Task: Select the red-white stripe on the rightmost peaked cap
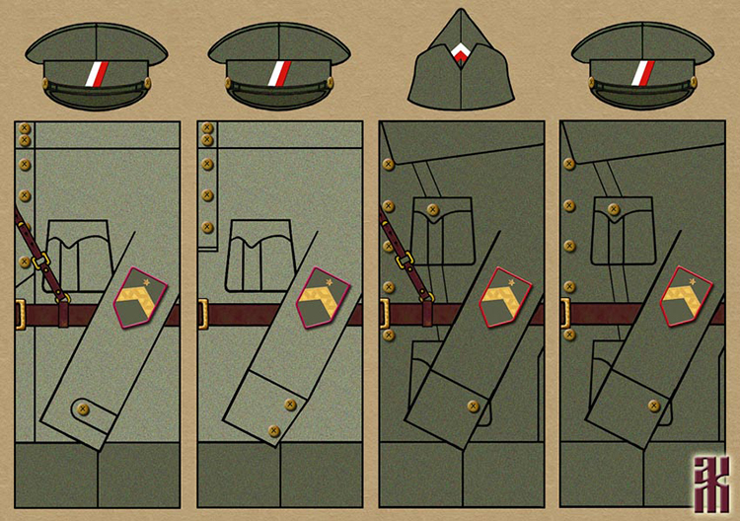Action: [642, 72]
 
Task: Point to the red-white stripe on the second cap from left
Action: [279, 72]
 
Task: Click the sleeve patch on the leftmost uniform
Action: [140, 298]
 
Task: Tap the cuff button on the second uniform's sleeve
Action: [290, 405]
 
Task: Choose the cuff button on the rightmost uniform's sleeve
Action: [654, 406]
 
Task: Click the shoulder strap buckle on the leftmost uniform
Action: [41, 261]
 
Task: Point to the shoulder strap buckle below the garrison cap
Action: [405, 261]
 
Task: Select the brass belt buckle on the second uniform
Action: [202, 315]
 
